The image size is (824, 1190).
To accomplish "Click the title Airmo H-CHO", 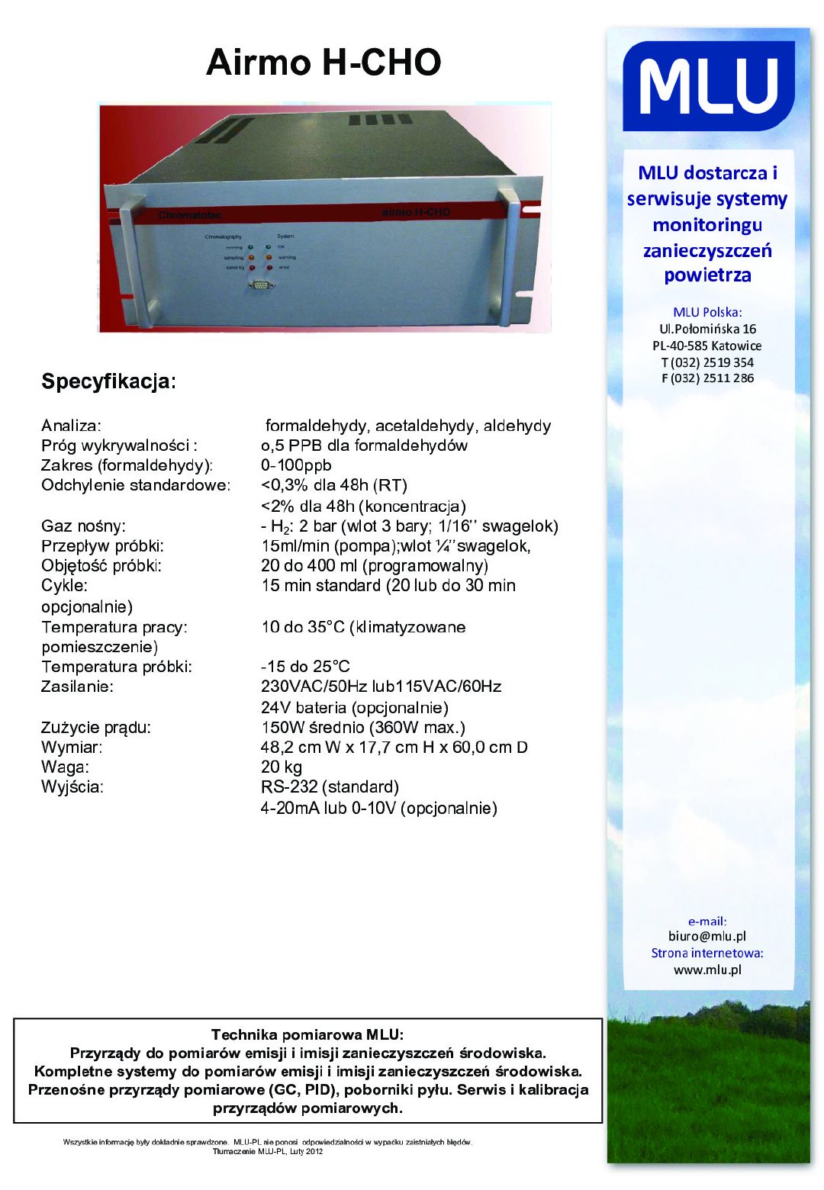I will coord(323,63).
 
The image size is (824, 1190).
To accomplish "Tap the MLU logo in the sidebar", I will coord(708,86).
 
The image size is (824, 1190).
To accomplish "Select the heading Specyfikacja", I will coord(108,381).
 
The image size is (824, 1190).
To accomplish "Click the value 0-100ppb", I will coord(296,465).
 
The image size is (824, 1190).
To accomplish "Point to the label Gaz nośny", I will coord(83,526).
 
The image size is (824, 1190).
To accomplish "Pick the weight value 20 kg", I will coord(282,767).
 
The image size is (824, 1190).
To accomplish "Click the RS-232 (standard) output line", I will coord(330,786).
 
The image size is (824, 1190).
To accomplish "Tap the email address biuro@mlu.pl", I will coord(707,936).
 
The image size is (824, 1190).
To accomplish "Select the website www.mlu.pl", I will coord(707,970).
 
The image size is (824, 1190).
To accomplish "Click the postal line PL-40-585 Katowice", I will coord(707,346).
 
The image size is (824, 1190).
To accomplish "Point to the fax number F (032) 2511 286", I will coord(707,378).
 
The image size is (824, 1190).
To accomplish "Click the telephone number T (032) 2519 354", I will coord(707,362).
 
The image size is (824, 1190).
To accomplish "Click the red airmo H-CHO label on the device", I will coord(416,212).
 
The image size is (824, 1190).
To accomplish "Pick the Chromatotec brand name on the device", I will coord(190,216).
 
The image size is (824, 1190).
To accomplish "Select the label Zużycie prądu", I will coord(96,727).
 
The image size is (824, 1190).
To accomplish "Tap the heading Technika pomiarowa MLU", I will coord(307,1034).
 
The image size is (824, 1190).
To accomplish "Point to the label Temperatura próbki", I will coord(117,667).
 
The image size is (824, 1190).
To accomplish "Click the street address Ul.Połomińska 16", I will coord(707,329).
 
